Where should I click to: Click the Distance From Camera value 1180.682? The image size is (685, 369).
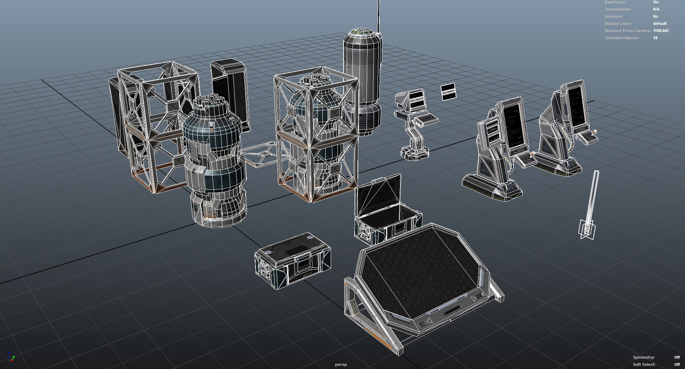pos(661,31)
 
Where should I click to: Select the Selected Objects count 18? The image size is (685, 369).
pos(655,38)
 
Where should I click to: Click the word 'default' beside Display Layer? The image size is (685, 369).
pos(660,24)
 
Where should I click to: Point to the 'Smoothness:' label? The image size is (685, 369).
pos(618,9)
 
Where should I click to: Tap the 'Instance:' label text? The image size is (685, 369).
pos(613,16)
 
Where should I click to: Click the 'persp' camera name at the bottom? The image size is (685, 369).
pos(341,364)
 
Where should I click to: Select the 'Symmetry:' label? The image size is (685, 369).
pos(644,357)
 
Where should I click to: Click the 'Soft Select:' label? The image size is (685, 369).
pos(644,364)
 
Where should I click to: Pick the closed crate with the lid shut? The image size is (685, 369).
pos(293,261)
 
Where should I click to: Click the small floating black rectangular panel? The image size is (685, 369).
pos(448,91)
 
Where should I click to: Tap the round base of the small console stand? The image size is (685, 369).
pos(415,153)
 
